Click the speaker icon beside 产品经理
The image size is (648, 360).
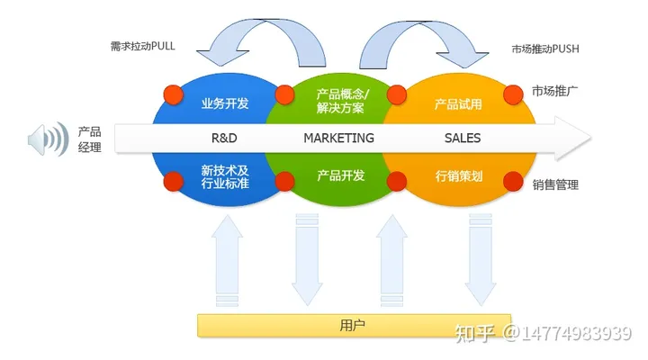(48, 139)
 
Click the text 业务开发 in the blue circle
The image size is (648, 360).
(224, 103)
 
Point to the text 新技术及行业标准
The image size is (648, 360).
(224, 176)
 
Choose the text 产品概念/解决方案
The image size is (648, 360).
(341, 101)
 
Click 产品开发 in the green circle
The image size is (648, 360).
(341, 175)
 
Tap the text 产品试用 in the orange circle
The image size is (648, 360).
(458, 103)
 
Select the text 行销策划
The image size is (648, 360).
(458, 175)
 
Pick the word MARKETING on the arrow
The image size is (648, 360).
(338, 139)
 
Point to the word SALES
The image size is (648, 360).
(463, 139)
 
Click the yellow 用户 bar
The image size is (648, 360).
(354, 325)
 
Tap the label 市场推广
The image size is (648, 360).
(554, 92)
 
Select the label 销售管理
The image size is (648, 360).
(554, 184)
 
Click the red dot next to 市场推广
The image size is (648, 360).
(513, 93)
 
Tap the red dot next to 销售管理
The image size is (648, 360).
(513, 181)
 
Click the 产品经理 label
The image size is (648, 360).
(90, 139)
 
